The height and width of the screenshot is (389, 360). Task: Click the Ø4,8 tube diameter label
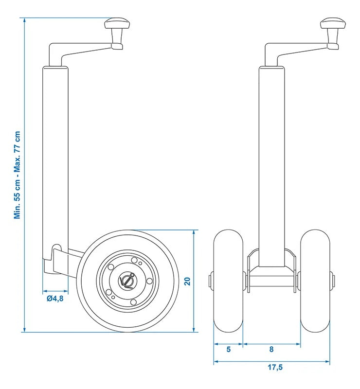point(54,299)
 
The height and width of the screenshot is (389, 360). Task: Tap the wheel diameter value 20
point(187,281)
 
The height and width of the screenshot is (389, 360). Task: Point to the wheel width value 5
point(228,349)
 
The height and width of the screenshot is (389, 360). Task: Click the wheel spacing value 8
point(271,349)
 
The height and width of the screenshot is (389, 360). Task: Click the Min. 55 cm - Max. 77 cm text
point(18,175)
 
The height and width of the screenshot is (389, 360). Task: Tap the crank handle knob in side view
point(117,24)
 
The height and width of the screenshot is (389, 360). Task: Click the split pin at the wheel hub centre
point(127,281)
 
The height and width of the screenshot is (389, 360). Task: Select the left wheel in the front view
point(228,281)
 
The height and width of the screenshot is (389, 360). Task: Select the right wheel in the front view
point(315,281)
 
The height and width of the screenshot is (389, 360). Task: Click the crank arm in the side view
point(78,49)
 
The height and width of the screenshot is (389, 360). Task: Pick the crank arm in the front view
point(294,49)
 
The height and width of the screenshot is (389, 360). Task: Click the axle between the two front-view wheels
point(271,282)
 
